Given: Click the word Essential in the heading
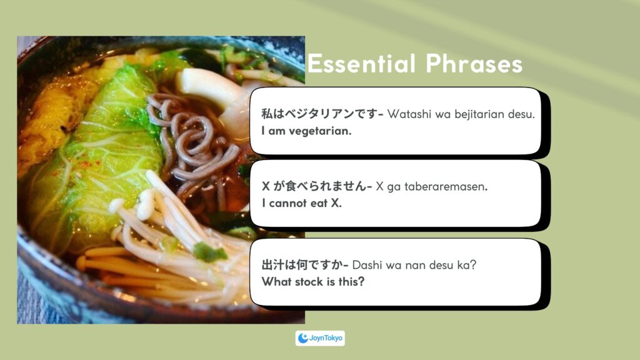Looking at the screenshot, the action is click(362, 64).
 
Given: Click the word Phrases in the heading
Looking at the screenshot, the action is click(474, 64).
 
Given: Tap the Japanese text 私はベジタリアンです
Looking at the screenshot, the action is click(319, 114).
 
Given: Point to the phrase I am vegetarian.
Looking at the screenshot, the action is click(306, 131).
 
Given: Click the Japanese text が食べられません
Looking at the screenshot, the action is click(319, 186).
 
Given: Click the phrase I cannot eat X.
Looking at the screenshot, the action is click(302, 203).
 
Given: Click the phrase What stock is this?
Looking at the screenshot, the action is click(313, 282).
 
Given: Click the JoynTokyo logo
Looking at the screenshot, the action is click(320, 338).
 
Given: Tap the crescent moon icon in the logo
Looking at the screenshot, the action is click(303, 338).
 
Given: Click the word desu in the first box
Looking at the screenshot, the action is click(521, 114).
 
